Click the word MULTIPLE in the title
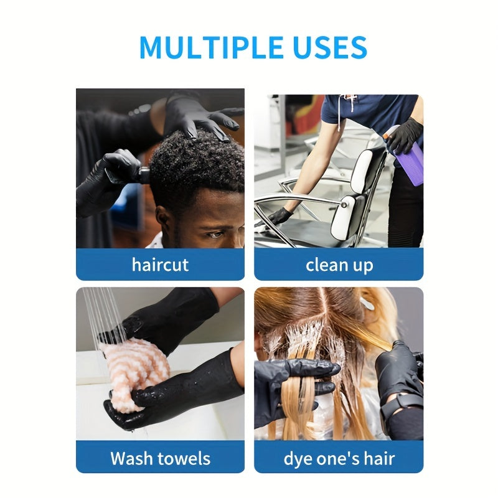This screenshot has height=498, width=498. coord(211,47)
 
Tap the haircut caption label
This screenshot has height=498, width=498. coord(160,265)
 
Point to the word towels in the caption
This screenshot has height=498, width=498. coord(184,458)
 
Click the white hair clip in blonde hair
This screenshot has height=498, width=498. coord(367,303)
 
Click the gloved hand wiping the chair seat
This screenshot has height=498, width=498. coord(279,217)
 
